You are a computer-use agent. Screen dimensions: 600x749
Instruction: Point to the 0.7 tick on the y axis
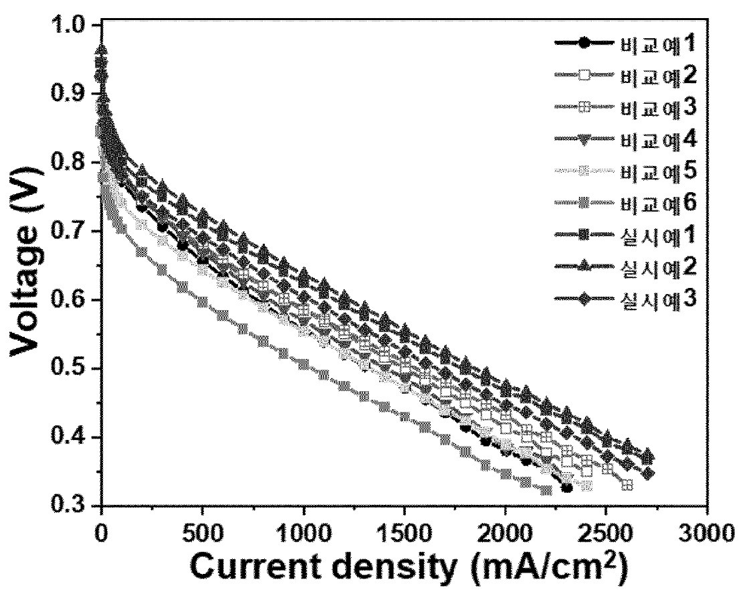pos(71,232)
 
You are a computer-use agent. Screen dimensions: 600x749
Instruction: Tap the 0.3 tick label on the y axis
pos(71,506)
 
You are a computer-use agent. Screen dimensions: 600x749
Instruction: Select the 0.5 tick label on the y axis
pos(71,369)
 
